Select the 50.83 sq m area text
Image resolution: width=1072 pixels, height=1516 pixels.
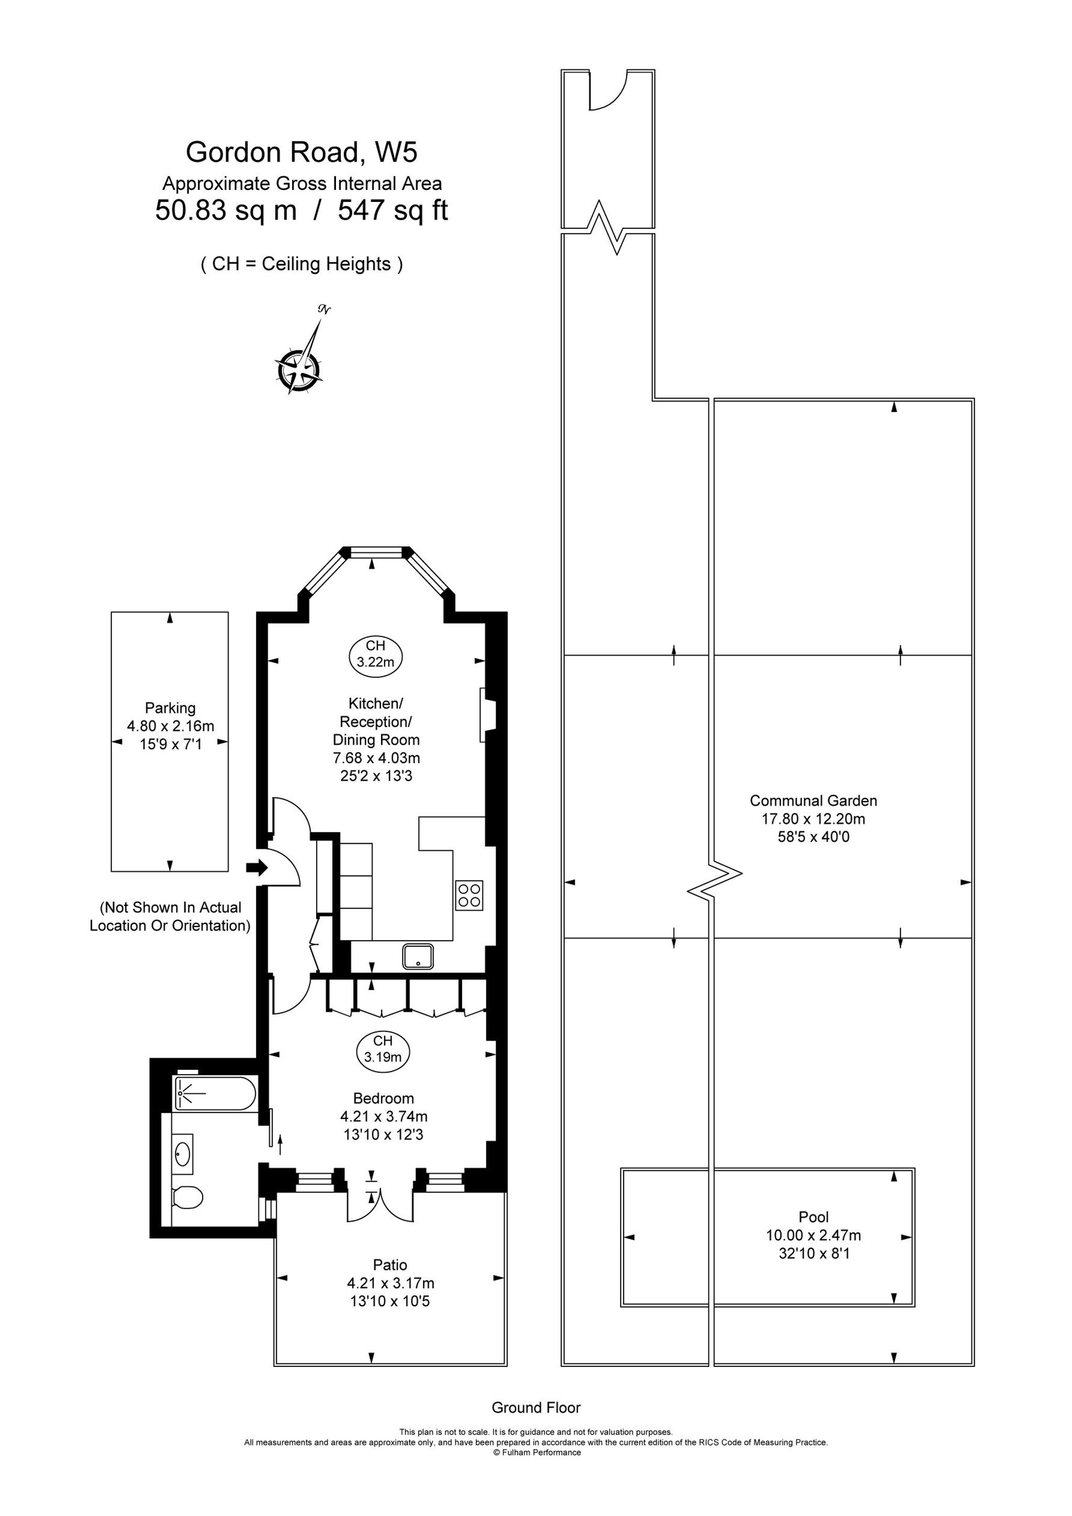tap(226, 211)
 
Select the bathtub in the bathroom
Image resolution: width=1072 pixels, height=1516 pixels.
tap(215, 1094)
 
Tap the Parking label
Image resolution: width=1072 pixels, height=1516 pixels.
tap(171, 708)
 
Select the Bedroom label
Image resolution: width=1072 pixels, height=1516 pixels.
tap(384, 1098)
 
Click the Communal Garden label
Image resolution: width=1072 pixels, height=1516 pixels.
tap(814, 800)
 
